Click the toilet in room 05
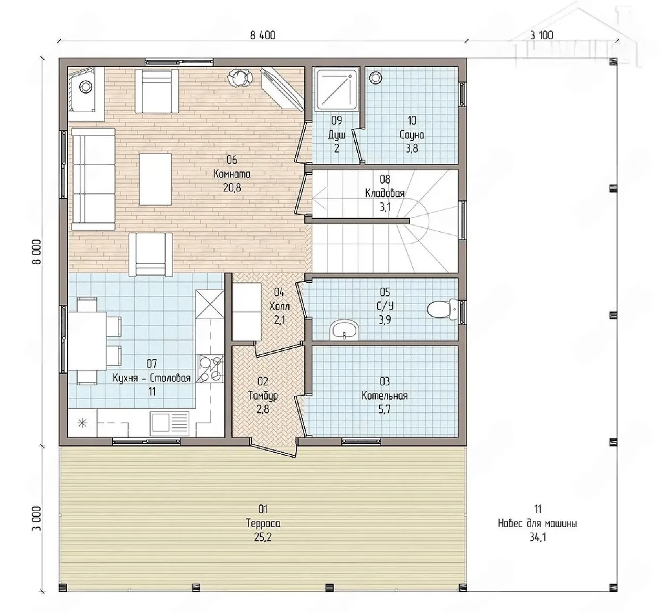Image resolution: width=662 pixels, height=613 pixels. coord(442,309)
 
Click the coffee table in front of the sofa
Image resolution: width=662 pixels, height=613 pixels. coord(155,179)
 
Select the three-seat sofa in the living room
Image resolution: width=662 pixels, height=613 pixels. coord(93,179)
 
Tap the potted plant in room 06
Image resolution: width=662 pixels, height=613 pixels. coord(239,78)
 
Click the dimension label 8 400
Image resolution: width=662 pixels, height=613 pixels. coord(263,35)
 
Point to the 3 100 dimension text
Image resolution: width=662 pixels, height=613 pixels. coord(541,35)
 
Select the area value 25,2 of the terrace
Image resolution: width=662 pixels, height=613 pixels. coord(263,537)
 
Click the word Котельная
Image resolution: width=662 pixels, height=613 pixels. coord(385,396)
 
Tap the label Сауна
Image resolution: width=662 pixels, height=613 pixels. coord(412,134)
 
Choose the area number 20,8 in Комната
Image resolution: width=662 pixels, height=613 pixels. coord(232,188)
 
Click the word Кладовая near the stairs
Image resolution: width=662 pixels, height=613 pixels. coord(385,193)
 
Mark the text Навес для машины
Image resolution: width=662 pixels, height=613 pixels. coord(537,524)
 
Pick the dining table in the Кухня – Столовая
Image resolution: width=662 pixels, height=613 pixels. coord(87,341)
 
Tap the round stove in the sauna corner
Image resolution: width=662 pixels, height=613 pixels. coord(375,78)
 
